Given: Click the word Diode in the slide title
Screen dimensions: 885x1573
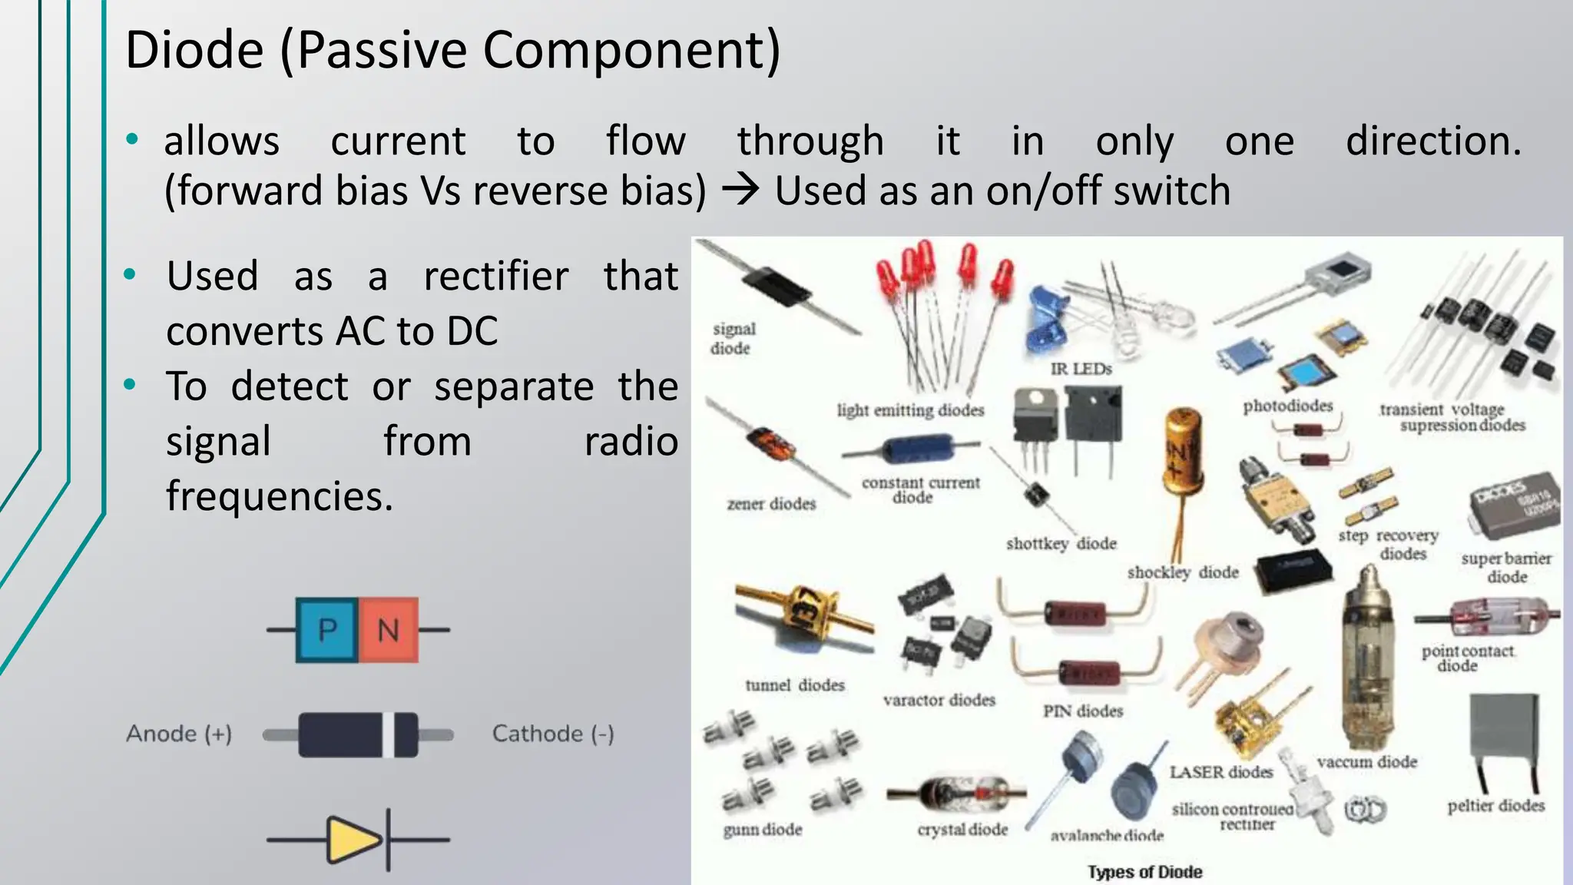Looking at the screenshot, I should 194,51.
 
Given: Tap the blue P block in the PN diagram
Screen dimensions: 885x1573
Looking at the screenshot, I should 327,630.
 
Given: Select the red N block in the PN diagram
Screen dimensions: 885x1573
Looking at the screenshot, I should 389,630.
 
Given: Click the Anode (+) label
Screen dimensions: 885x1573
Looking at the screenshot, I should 179,734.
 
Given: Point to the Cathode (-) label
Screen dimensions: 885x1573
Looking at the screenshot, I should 553,734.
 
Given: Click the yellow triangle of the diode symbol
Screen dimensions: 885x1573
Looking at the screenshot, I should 353,840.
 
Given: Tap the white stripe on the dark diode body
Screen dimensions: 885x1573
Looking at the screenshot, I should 389,734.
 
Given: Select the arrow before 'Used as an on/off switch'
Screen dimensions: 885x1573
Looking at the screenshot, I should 740,190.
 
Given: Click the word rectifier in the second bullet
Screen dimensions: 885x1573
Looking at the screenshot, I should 496,276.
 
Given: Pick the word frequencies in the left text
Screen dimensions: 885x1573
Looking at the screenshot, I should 280,496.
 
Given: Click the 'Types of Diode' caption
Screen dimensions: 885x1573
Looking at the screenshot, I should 1144,872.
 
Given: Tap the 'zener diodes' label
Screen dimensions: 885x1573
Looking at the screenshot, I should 771,504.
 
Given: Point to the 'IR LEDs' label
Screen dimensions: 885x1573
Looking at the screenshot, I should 1081,369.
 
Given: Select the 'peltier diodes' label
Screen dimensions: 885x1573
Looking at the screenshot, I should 1495,806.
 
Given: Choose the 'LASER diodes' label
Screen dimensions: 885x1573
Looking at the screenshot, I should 1221,772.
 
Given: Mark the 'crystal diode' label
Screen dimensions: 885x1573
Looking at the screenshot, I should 962,830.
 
